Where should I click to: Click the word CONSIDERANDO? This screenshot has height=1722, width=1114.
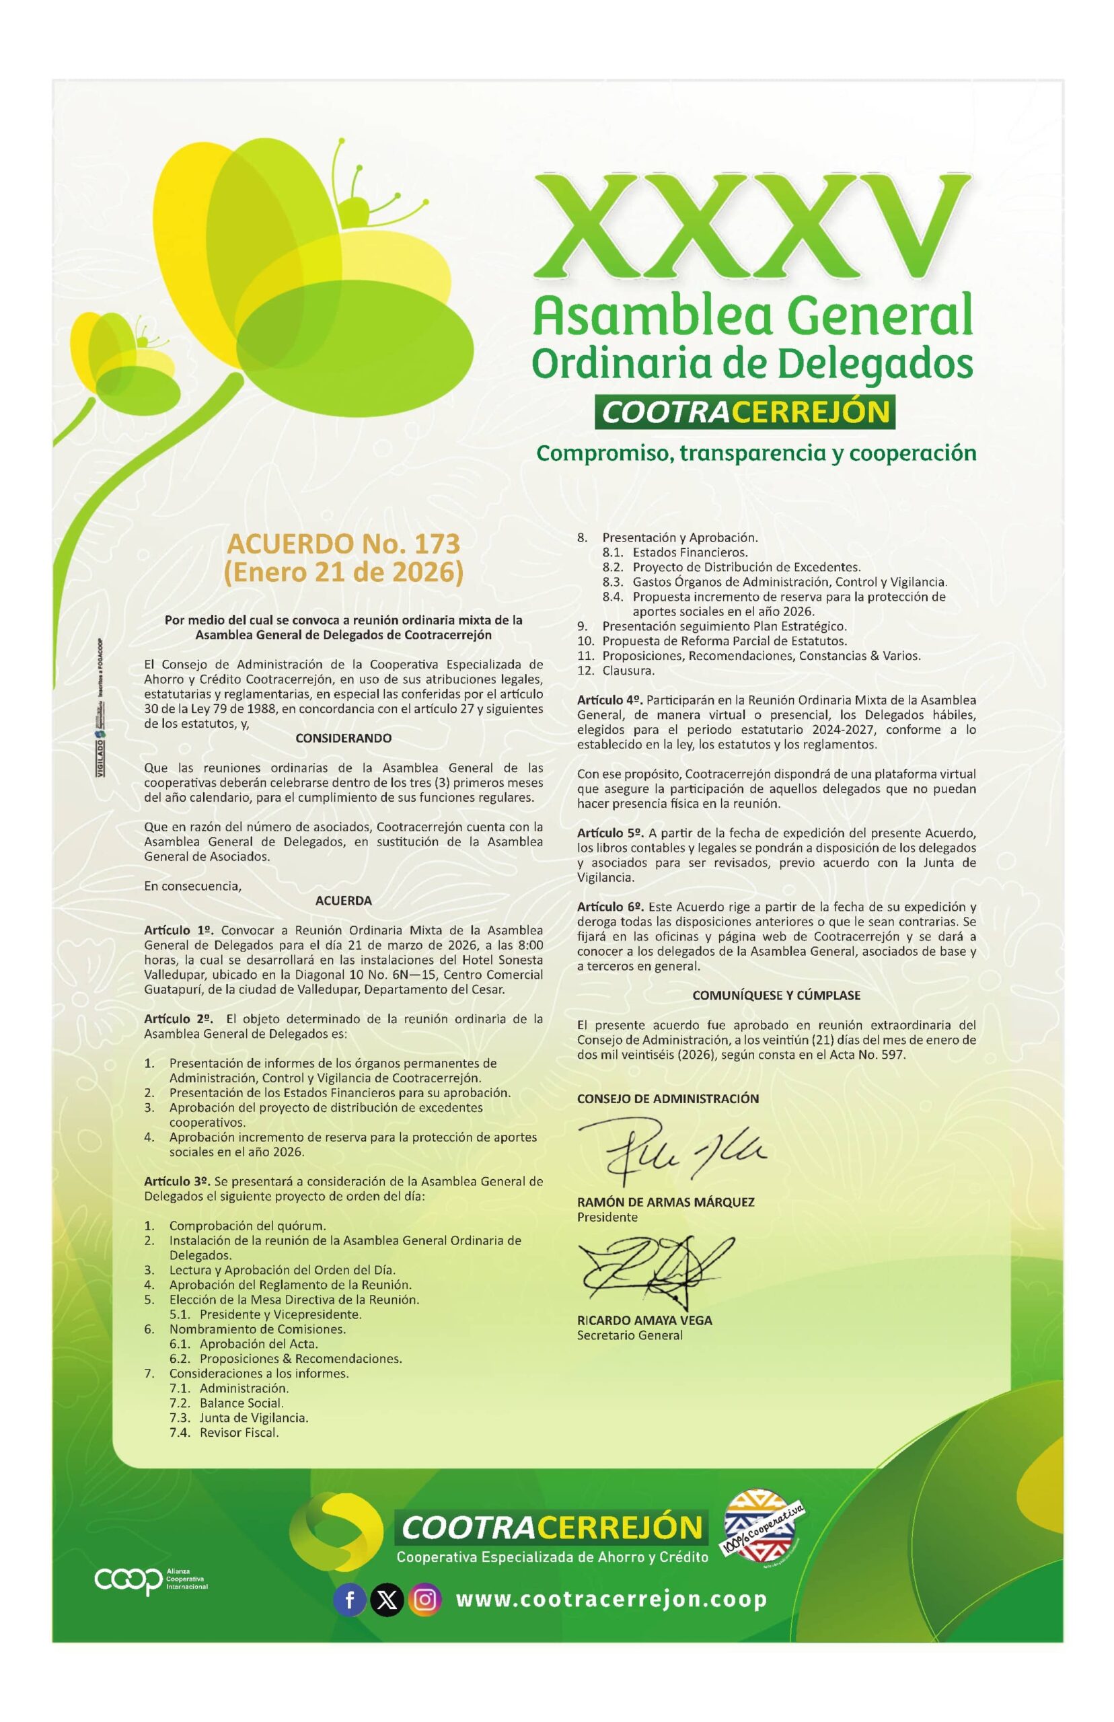click(344, 739)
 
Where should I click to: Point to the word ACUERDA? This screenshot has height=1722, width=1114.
click(344, 901)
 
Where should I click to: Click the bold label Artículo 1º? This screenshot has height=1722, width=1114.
click(178, 930)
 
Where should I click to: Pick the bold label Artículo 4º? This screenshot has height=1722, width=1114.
click(609, 700)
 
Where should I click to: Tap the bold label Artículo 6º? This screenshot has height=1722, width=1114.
click(609, 906)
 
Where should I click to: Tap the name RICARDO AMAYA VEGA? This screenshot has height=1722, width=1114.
click(644, 1320)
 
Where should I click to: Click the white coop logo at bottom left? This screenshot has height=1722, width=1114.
click(128, 1581)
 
